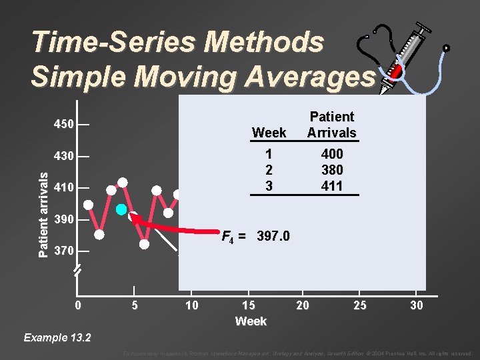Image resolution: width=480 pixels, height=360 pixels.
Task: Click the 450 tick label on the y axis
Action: [64, 125]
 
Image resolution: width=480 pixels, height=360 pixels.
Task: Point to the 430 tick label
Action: [64, 156]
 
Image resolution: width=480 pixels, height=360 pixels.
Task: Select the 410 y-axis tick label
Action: [64, 188]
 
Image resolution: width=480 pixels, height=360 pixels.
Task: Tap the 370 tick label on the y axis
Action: [64, 251]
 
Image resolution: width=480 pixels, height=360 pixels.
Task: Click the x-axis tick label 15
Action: [248, 305]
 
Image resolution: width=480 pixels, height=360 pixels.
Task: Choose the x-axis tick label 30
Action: [416, 305]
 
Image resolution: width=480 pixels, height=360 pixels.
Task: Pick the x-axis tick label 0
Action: [78, 305]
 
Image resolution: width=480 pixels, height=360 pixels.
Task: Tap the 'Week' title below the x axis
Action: [251, 321]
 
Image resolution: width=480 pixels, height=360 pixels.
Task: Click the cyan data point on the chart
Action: [121, 209]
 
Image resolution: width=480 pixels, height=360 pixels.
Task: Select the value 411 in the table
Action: [331, 186]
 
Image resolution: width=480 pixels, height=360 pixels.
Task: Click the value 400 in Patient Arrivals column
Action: [331, 154]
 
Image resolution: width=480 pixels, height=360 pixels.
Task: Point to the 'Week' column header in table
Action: [269, 133]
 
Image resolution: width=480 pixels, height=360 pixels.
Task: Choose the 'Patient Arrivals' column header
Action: [331, 125]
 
